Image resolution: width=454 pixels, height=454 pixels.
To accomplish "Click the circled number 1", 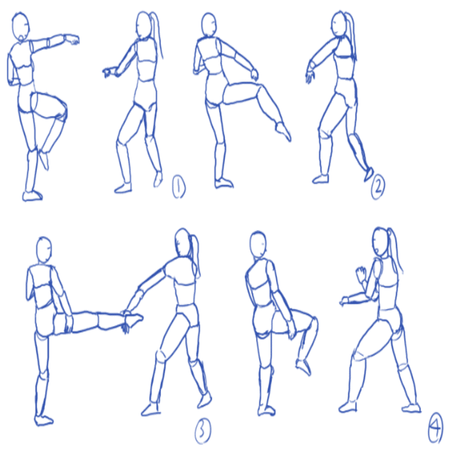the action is [x=179, y=187].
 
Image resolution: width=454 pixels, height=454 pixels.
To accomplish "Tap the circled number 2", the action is [x=378, y=187].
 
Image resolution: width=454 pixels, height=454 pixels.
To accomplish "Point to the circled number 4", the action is [x=436, y=428].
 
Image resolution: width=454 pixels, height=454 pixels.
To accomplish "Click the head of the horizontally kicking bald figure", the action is [x=44, y=250].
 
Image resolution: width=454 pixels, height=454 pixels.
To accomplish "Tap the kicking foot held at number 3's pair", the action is [x=134, y=319].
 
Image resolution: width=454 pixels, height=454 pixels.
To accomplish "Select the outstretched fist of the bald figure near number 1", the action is [x=72, y=40].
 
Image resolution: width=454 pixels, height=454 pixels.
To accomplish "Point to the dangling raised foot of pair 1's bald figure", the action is [x=44, y=160].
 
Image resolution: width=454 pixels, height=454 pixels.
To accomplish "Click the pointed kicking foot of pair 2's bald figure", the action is [x=283, y=132].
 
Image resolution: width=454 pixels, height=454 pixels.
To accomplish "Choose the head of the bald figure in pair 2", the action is [x=209, y=25].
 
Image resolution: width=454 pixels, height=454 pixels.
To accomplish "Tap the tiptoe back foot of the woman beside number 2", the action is [x=368, y=174].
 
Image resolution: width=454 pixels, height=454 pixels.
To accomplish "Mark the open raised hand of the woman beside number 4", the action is [x=360, y=273].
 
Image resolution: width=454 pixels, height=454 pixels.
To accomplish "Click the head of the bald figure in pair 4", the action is [x=258, y=245].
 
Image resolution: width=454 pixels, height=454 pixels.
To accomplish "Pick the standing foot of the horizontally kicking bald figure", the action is [x=43, y=420].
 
